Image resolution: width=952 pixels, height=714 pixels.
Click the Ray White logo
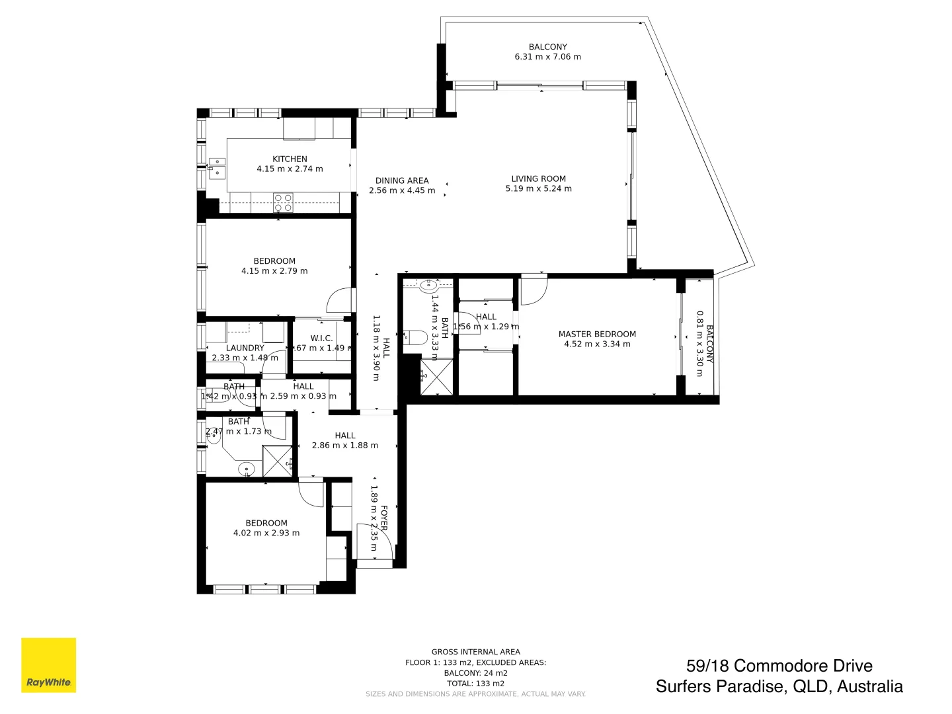click(x=48, y=665)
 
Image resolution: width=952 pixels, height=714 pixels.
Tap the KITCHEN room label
click(x=290, y=159)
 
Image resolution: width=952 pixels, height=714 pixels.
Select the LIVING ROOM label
click(x=538, y=178)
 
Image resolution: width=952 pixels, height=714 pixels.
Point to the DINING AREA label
click(x=402, y=180)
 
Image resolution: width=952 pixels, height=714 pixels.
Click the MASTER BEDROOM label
click(x=597, y=335)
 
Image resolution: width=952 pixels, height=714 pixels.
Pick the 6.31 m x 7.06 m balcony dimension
click(x=547, y=57)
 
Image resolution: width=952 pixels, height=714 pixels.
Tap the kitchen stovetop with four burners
click(x=284, y=202)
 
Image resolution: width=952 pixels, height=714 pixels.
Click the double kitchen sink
click(x=216, y=167)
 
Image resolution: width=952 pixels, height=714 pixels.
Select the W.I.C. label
click(x=321, y=338)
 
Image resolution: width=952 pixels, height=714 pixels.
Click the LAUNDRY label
click(x=245, y=348)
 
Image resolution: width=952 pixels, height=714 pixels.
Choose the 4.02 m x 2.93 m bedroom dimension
click(x=266, y=533)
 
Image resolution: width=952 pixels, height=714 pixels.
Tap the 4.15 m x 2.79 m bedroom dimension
click(x=274, y=271)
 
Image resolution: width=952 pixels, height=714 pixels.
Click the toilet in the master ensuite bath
click(x=415, y=337)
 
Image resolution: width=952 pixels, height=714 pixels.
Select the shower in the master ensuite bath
click(x=436, y=377)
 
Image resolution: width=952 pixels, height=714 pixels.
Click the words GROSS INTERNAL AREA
click(x=475, y=652)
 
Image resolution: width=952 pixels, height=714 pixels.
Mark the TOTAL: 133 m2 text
click(x=475, y=684)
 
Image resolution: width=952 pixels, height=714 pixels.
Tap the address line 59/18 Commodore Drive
click(x=779, y=666)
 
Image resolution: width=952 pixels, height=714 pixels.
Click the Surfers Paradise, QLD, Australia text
click(x=779, y=687)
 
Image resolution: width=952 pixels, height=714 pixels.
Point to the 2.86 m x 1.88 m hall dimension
click(x=345, y=446)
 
